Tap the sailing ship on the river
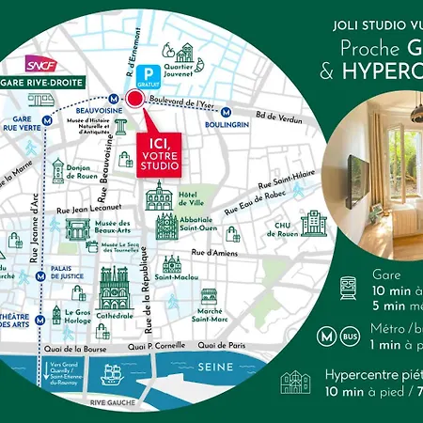112,373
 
